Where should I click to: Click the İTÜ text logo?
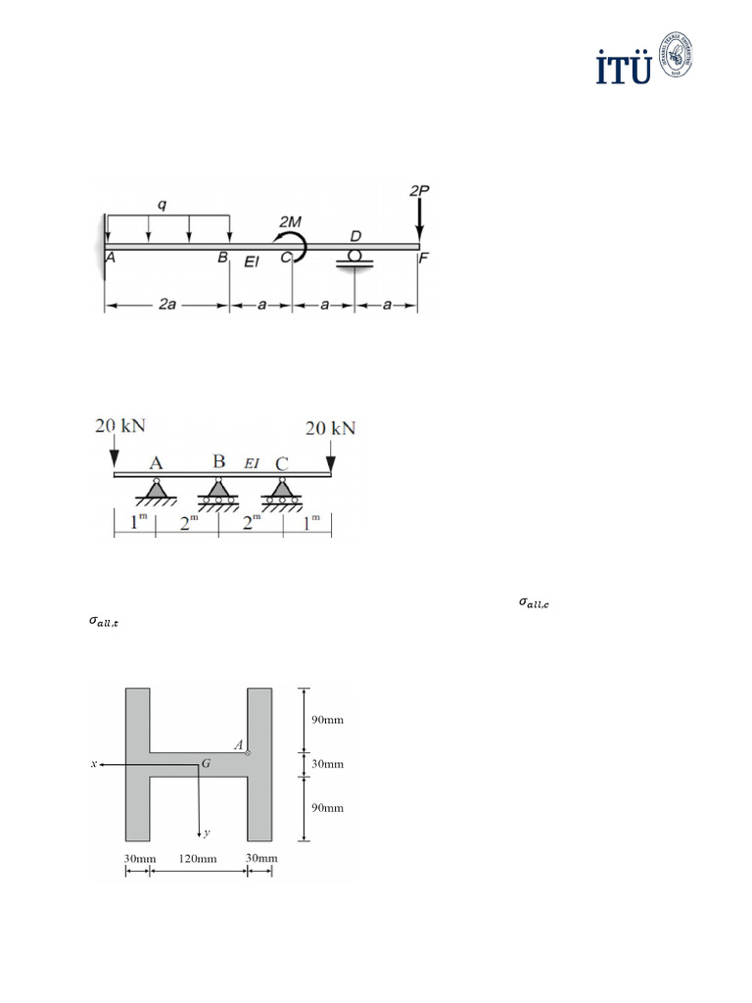(x=624, y=68)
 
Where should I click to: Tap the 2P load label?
(x=419, y=188)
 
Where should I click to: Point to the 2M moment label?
(x=292, y=223)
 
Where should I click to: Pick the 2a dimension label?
(x=166, y=307)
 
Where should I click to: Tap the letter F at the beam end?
(x=423, y=260)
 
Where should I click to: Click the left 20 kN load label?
(x=120, y=426)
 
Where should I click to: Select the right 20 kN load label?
(x=331, y=428)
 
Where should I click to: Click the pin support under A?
(x=156, y=490)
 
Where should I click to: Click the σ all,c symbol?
(x=534, y=603)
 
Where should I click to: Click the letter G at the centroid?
(x=207, y=761)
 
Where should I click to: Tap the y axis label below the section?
(x=207, y=835)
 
